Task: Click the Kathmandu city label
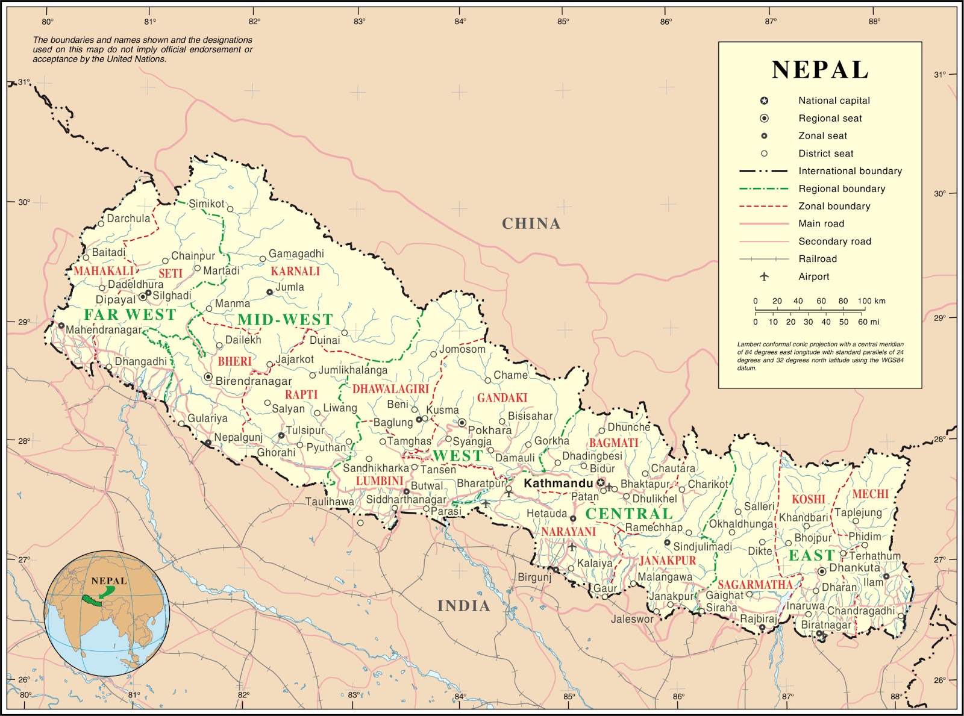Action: coord(558,483)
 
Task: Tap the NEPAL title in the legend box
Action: coord(820,70)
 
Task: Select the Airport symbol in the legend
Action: coord(764,276)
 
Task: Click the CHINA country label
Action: coord(531,223)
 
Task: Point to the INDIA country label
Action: coord(463,606)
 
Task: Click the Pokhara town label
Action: coord(489,430)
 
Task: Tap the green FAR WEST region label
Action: coord(130,314)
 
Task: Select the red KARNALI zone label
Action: coord(295,271)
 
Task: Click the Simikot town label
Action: coord(206,204)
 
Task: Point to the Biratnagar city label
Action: coord(825,625)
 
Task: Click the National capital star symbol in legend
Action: coord(764,101)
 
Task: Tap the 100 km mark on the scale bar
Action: coord(871,301)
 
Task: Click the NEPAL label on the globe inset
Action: coord(109,581)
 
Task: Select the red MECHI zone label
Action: coord(870,494)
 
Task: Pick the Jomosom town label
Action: coord(462,349)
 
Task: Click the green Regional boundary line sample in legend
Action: coord(763,188)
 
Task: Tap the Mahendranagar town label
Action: coord(104,330)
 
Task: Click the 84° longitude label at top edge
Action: coord(460,21)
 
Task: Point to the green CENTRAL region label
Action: coord(628,514)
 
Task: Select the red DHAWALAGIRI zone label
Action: coord(390,389)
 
